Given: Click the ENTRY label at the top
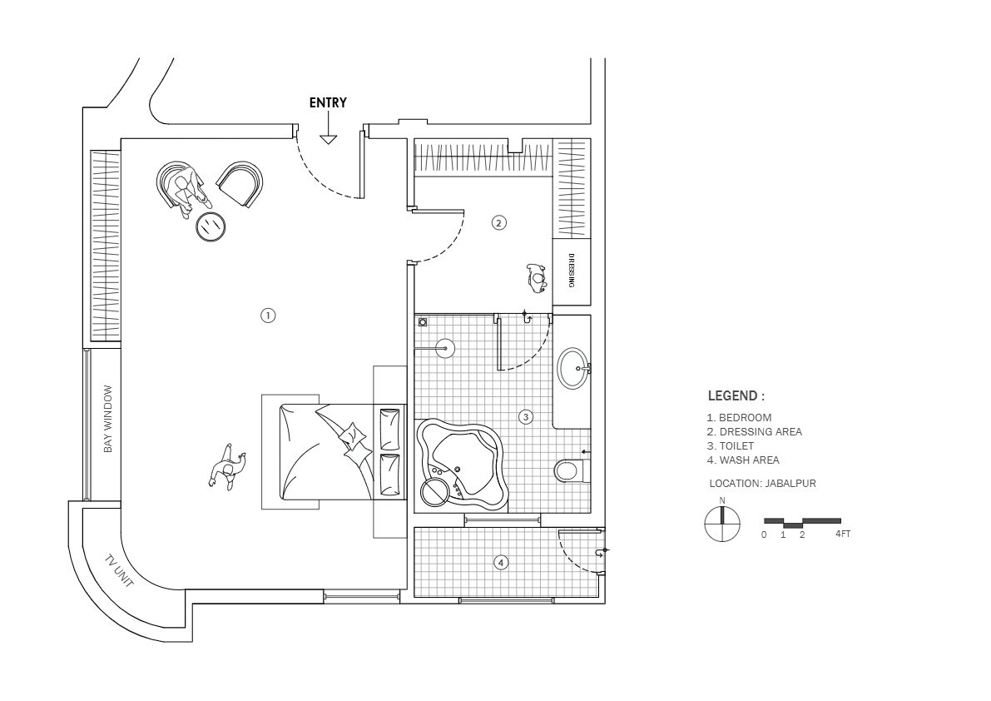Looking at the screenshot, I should pyautogui.click(x=328, y=103).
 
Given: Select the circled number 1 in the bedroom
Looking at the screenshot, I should pyautogui.click(x=268, y=316).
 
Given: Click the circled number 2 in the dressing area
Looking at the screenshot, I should pyautogui.click(x=498, y=222).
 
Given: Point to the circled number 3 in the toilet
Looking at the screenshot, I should pyautogui.click(x=525, y=416).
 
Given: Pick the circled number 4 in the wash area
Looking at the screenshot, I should pyautogui.click(x=501, y=563).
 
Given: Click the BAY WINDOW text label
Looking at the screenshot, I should pyautogui.click(x=108, y=419).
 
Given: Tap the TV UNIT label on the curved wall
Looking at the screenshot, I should pyautogui.click(x=119, y=570).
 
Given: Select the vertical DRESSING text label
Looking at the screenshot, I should pyautogui.click(x=572, y=271).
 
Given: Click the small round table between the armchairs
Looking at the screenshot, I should pyautogui.click(x=211, y=226).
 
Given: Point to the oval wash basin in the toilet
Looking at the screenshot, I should pyautogui.click(x=572, y=368).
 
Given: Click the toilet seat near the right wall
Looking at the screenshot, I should pyautogui.click(x=567, y=471).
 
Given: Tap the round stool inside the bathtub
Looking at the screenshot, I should pyautogui.click(x=435, y=492).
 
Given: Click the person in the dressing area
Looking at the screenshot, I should pyautogui.click(x=537, y=277).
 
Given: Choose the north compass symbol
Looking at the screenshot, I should pyautogui.click(x=721, y=524).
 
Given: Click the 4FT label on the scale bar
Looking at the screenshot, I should pyautogui.click(x=843, y=534).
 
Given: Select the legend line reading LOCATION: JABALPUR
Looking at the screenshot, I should pyautogui.click(x=762, y=483).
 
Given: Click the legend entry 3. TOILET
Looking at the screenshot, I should pyautogui.click(x=730, y=446).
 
